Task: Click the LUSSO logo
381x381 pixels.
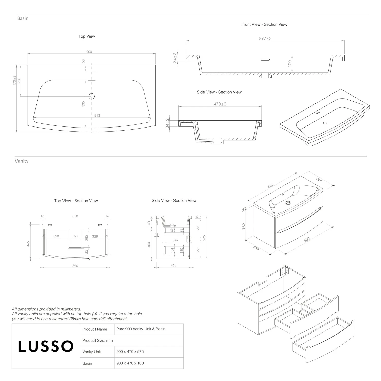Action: (x=46, y=346)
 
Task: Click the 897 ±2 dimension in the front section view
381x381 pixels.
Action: (x=265, y=39)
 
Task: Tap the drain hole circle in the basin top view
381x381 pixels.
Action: (x=92, y=96)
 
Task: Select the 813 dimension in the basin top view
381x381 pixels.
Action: (x=97, y=115)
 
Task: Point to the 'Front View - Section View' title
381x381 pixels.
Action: (x=264, y=24)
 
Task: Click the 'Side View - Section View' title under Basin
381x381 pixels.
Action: (x=219, y=92)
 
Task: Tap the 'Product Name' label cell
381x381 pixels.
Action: (x=95, y=329)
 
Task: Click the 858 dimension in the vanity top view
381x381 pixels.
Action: (x=75, y=216)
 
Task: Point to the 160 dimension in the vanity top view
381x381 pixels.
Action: (x=75, y=236)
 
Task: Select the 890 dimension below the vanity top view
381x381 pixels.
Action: (x=75, y=266)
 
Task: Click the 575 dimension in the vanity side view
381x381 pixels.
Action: (x=204, y=238)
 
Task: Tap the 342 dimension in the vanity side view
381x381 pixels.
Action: (x=175, y=240)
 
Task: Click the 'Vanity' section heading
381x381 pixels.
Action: (x=22, y=161)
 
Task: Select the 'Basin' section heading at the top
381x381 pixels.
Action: (x=23, y=18)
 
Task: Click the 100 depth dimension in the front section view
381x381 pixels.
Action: (x=290, y=63)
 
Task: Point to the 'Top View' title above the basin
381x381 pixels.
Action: (x=87, y=36)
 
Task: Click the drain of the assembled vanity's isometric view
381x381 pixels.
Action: (x=288, y=203)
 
